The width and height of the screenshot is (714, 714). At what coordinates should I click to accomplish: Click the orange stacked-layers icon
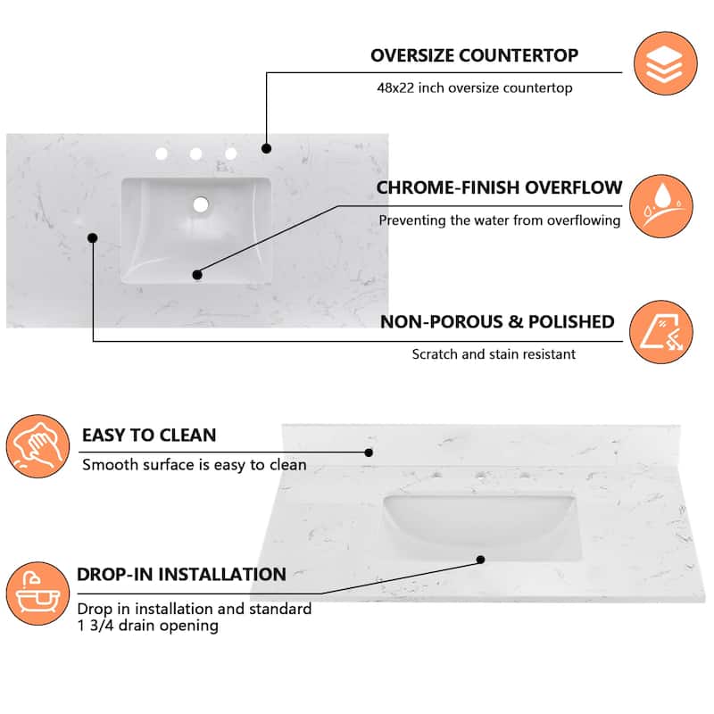[665, 63]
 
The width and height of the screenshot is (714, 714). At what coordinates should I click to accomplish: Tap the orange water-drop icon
[661, 206]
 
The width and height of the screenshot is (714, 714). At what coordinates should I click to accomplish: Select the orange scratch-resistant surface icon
[661, 332]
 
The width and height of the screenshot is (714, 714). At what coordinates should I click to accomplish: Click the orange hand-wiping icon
[37, 446]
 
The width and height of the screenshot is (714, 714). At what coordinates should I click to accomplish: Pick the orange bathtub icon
[37, 594]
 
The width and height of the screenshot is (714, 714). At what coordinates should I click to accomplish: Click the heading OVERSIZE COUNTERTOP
[474, 55]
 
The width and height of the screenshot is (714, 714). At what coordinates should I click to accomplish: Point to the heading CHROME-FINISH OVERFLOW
[499, 187]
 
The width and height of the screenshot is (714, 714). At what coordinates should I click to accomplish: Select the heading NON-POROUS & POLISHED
[497, 322]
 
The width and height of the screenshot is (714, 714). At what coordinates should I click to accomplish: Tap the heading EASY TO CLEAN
[149, 436]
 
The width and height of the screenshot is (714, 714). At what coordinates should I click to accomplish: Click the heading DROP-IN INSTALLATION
[181, 574]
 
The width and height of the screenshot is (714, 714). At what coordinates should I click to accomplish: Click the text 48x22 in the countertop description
[395, 87]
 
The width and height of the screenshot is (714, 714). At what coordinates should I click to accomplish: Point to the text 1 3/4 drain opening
[148, 626]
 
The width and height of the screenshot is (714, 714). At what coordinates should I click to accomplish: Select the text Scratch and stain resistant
[494, 354]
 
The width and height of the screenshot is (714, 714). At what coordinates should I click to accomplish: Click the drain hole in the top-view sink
[201, 204]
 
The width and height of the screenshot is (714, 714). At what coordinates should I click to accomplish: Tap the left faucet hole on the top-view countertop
[162, 154]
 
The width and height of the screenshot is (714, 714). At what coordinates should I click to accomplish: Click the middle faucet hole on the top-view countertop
[195, 154]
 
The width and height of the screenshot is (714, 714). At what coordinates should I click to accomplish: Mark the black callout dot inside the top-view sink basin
[197, 275]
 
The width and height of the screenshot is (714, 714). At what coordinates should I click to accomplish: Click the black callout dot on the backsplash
[369, 452]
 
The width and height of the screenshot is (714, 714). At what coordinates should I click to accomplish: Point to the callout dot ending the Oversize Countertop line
[266, 148]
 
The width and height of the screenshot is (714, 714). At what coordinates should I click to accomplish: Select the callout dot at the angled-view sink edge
[480, 560]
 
